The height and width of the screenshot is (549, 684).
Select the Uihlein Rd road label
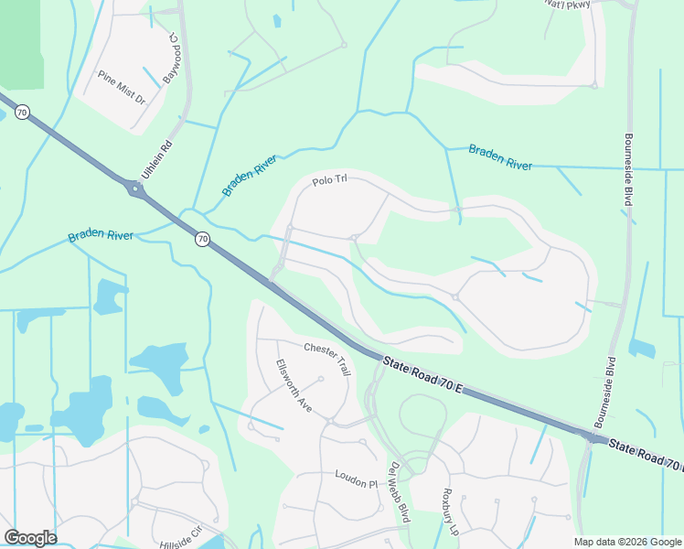[x=155, y=156]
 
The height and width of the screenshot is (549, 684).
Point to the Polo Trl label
[x=330, y=181]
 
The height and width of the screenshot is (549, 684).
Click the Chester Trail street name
[x=327, y=359]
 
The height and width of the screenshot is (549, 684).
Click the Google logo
[x=30, y=537]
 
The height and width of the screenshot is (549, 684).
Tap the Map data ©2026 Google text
[x=627, y=542]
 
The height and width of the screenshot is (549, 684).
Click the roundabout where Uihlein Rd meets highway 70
[x=135, y=190]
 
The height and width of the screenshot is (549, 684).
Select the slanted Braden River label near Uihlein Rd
[x=249, y=176]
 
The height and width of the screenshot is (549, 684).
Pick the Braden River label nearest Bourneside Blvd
[x=500, y=157]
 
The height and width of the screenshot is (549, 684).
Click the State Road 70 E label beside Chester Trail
[x=423, y=377]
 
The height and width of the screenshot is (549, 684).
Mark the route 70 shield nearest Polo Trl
[x=203, y=240]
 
